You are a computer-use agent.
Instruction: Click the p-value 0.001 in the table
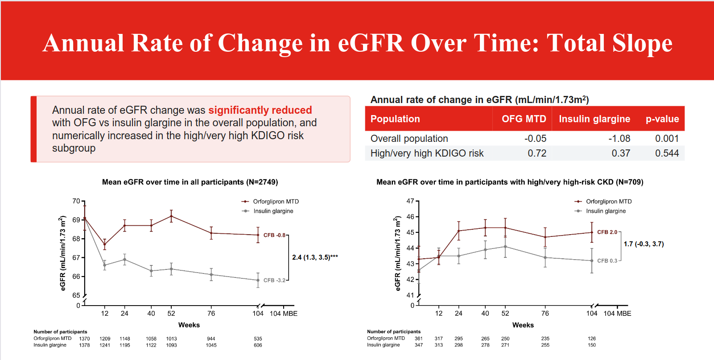(x=667, y=138)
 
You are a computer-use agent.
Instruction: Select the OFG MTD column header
(x=524, y=119)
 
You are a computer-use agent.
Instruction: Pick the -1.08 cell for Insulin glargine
(x=619, y=138)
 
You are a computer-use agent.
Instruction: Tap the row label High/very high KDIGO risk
(x=427, y=153)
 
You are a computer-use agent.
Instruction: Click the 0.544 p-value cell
(x=667, y=153)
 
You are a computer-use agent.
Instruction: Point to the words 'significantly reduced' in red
(x=260, y=110)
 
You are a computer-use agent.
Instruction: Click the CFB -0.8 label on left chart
(x=274, y=236)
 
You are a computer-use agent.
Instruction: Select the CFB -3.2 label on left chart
(x=274, y=280)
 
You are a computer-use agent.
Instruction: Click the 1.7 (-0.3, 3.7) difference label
(x=644, y=244)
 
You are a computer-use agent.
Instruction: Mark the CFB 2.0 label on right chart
(x=607, y=232)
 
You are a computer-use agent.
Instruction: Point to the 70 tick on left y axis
(x=76, y=201)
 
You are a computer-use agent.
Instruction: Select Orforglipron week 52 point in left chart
(x=171, y=216)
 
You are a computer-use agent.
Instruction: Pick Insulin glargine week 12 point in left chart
(x=104, y=265)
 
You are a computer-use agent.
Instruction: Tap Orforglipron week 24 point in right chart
(x=458, y=231)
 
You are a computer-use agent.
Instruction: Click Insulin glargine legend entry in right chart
(x=600, y=211)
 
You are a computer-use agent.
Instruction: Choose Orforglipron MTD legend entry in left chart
(x=270, y=202)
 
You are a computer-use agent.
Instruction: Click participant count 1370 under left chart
(x=84, y=339)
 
